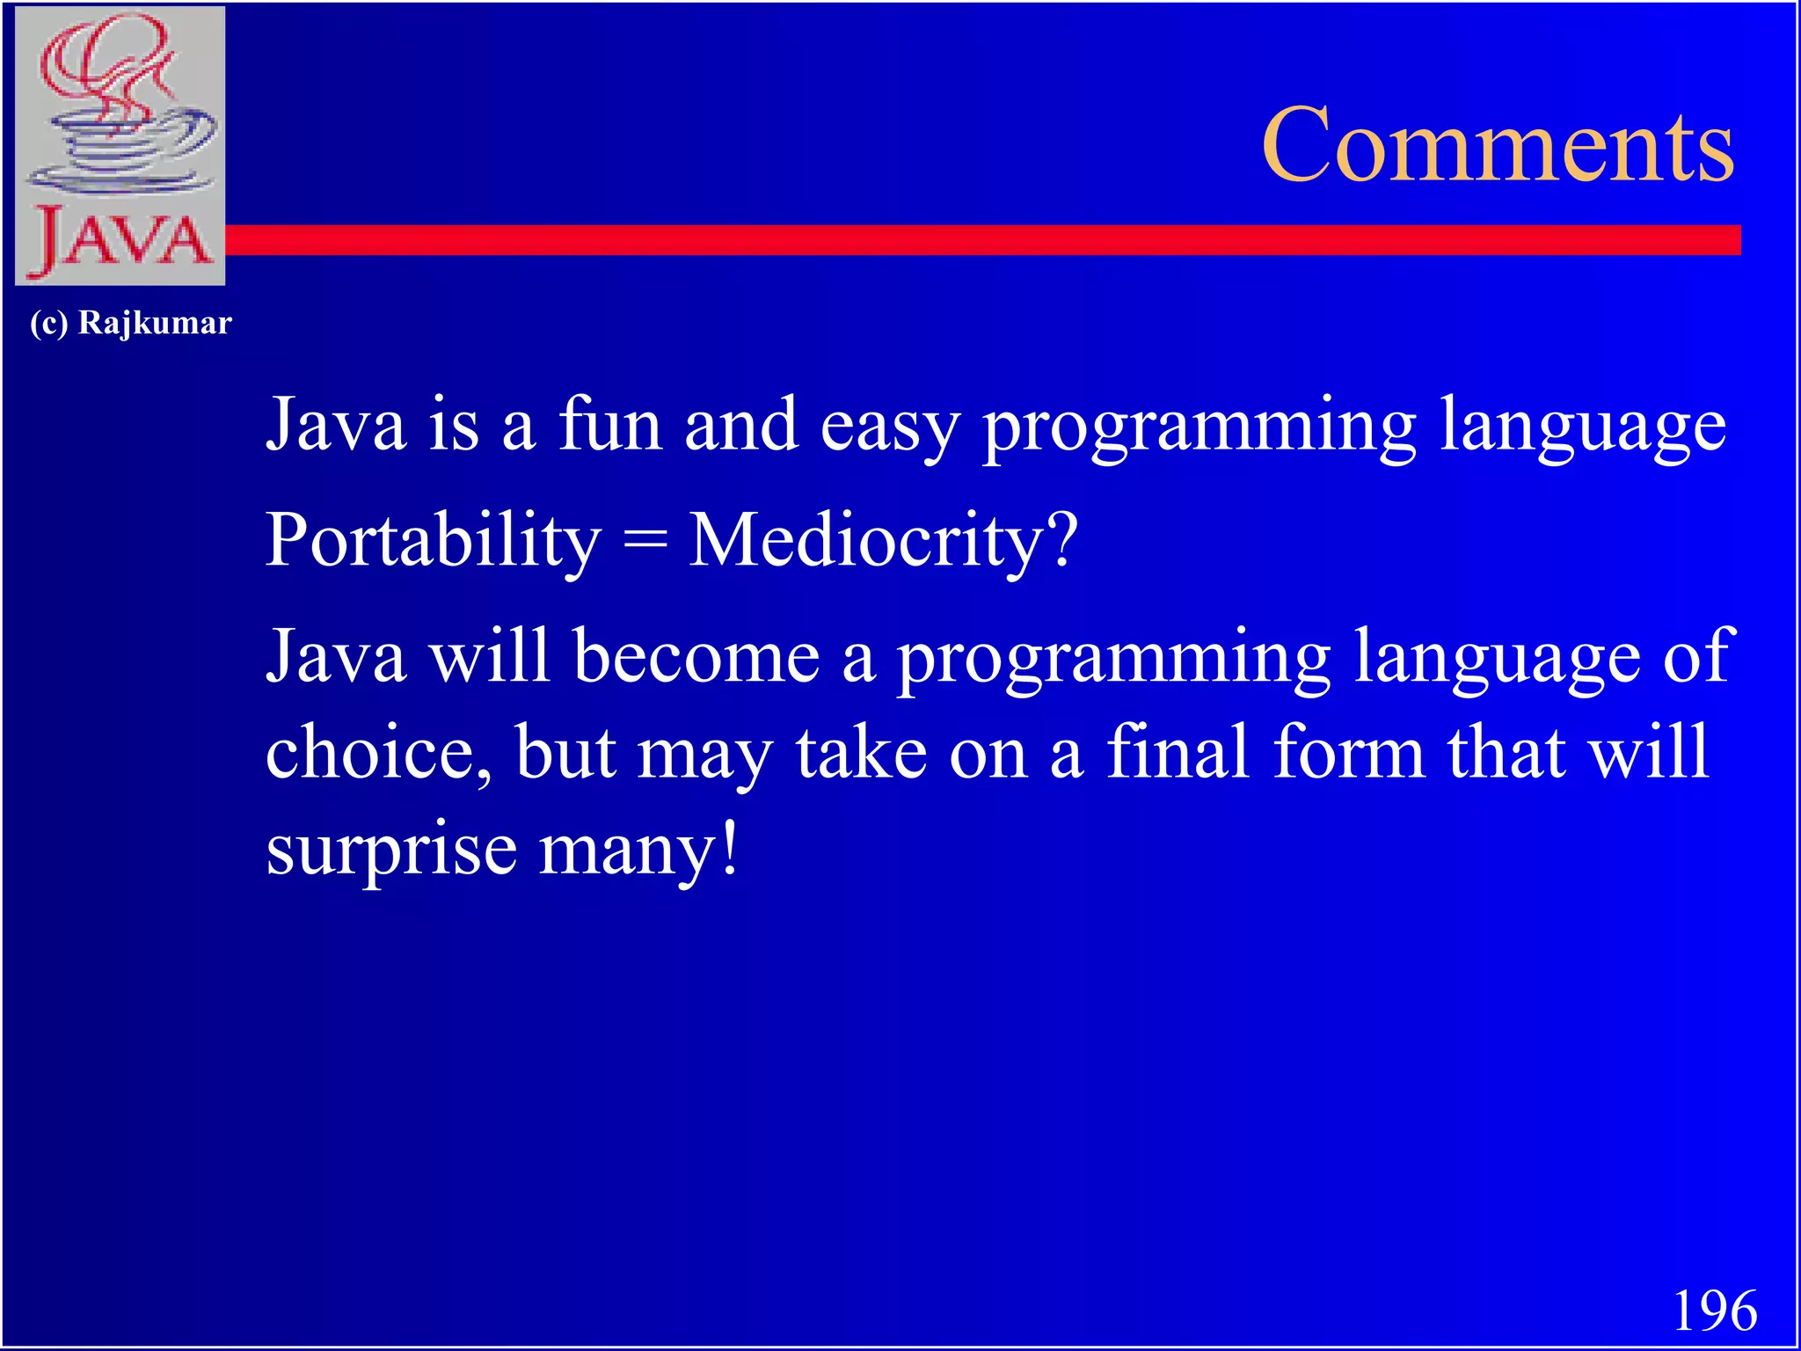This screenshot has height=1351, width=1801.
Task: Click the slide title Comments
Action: click(x=1498, y=145)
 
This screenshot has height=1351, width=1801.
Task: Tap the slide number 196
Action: click(x=1714, y=1311)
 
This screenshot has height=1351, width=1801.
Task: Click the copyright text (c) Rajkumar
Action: click(x=131, y=323)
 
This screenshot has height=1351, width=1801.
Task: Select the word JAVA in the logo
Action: click(x=120, y=240)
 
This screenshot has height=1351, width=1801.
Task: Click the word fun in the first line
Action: click(x=610, y=424)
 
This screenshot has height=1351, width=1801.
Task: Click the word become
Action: click(x=696, y=656)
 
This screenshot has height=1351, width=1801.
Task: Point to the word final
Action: click(x=1177, y=751)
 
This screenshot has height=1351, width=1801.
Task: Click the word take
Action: click(x=861, y=753)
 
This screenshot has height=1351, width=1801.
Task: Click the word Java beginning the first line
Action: click(x=336, y=424)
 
